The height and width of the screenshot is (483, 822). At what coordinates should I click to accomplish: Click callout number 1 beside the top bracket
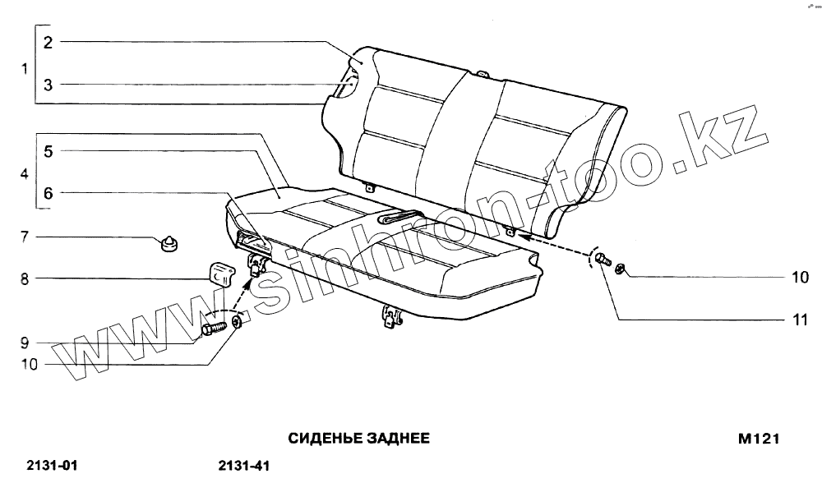[25, 68]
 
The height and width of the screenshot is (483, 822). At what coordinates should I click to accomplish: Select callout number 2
[48, 43]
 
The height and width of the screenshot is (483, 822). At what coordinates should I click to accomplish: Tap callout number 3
[48, 85]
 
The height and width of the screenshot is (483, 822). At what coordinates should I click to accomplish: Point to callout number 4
[25, 174]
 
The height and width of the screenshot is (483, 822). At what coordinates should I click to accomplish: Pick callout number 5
[48, 151]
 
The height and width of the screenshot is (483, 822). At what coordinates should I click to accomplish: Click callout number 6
[48, 194]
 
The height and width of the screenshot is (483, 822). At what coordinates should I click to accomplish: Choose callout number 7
[25, 237]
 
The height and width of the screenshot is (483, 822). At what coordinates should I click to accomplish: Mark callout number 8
[25, 279]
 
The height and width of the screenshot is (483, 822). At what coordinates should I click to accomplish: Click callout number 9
[25, 343]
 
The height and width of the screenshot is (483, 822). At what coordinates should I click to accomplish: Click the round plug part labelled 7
[170, 243]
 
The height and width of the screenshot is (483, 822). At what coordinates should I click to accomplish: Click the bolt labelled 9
[212, 329]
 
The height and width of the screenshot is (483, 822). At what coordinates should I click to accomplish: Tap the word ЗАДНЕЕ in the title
[393, 439]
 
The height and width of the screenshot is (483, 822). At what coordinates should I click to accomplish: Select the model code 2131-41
[244, 467]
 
